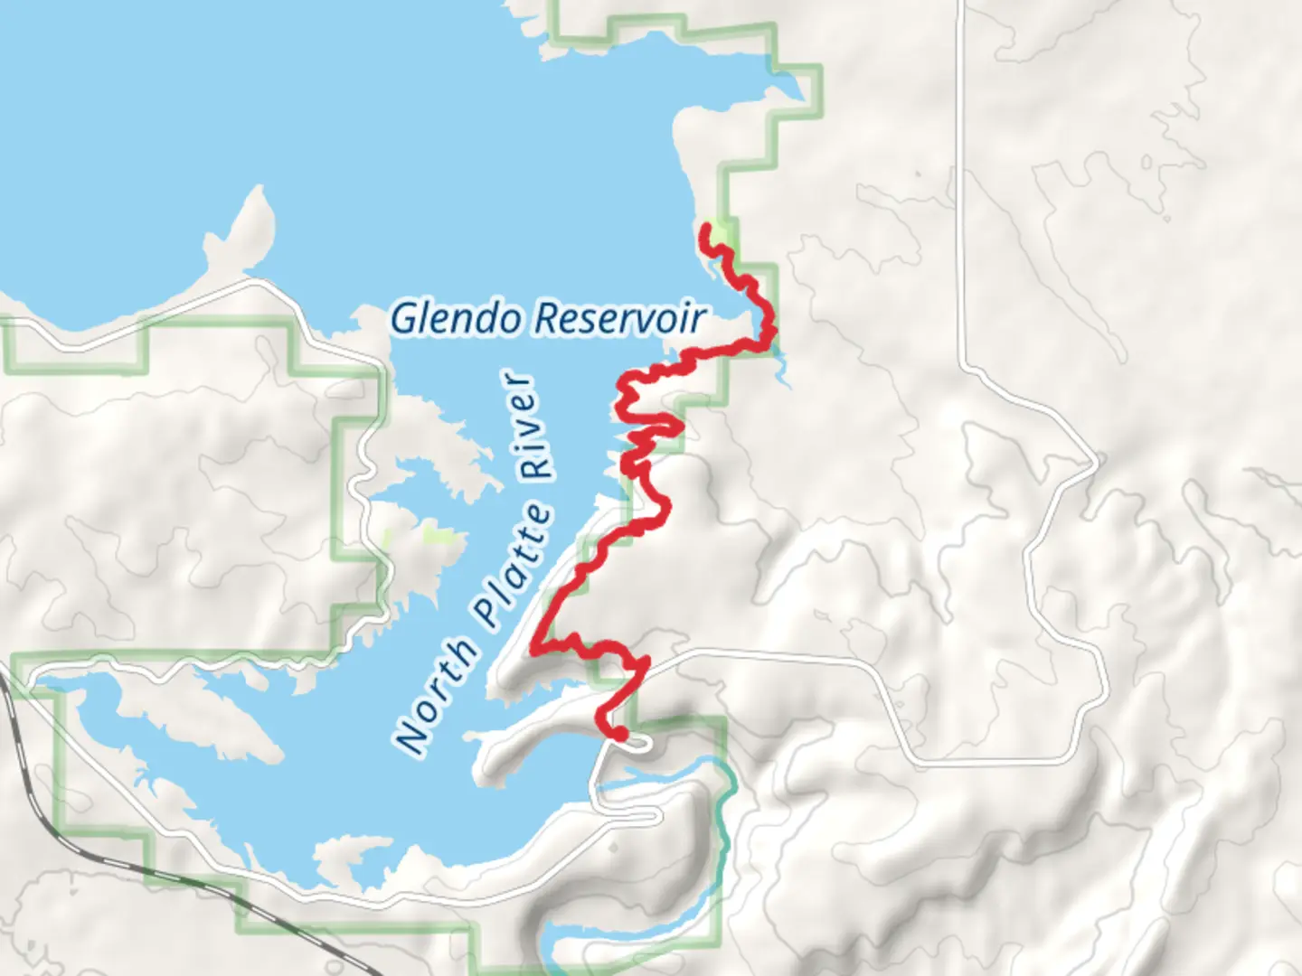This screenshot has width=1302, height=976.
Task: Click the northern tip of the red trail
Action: pos(705,233)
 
